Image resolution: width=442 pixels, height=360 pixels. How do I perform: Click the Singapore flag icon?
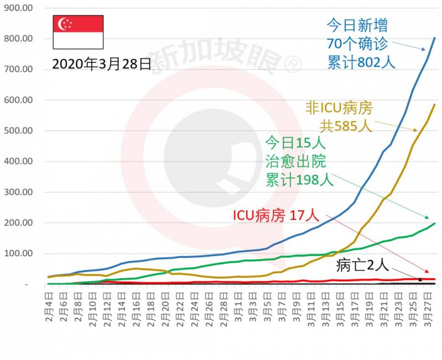tap(77, 33)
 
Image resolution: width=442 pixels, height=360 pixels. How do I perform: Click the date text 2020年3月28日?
tap(102, 64)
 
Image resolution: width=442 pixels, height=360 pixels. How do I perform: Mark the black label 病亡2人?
tap(362, 266)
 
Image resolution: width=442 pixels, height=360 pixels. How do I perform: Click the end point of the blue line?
tap(435, 38)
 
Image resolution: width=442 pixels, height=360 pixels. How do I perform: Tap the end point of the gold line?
tap(435, 104)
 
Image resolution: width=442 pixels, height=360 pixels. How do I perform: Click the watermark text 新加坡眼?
tap(215, 57)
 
